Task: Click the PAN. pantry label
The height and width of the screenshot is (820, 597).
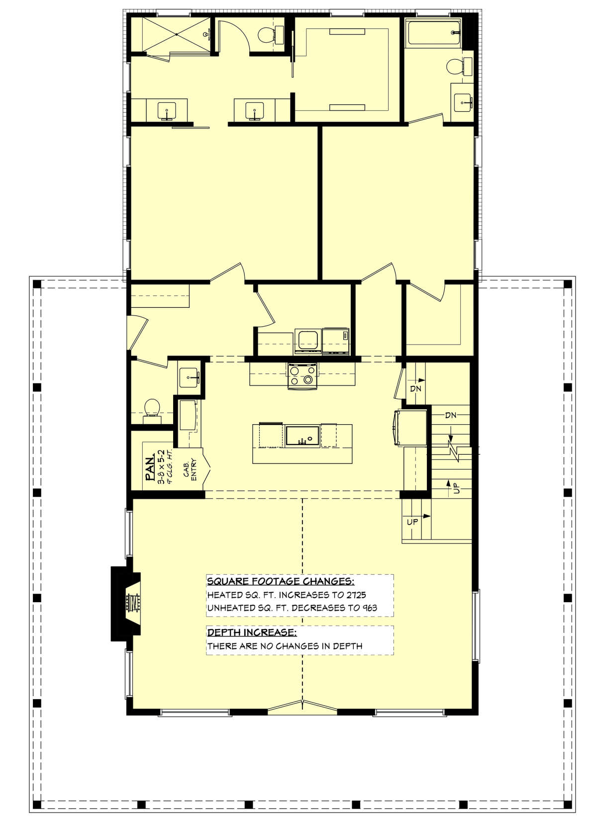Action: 150,468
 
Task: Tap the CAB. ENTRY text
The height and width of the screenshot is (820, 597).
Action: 190,469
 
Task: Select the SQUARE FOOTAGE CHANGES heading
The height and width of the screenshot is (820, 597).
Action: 281,581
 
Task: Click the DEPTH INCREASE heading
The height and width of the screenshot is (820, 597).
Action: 252,633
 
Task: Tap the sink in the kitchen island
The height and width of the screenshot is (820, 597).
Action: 302,436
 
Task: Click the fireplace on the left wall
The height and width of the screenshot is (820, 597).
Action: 126,604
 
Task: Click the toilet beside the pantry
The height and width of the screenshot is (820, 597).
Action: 152,410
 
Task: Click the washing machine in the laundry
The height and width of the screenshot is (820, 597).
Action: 308,341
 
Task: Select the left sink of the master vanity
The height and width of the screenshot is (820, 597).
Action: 167,110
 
